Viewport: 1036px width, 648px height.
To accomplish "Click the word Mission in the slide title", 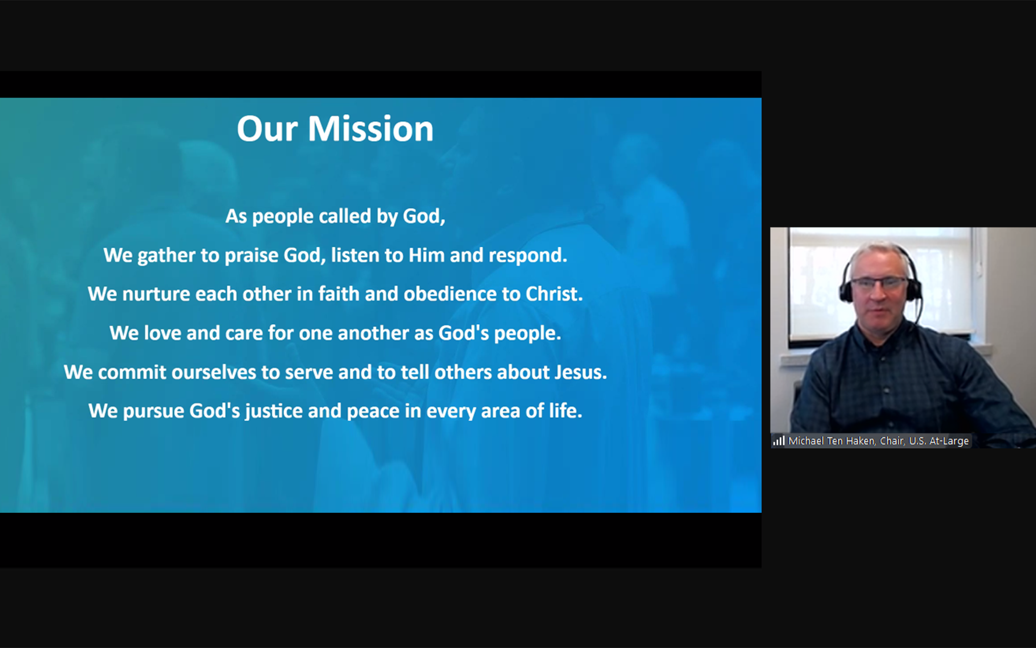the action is coord(370,129).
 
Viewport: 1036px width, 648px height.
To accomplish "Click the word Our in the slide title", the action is coord(267,129).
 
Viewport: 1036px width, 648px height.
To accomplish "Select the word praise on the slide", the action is coord(251,256).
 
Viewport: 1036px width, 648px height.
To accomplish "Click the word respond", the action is coord(527,256).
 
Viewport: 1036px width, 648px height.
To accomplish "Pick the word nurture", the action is coord(156,294).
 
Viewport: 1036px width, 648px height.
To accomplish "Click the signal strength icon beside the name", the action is coord(779,441).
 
